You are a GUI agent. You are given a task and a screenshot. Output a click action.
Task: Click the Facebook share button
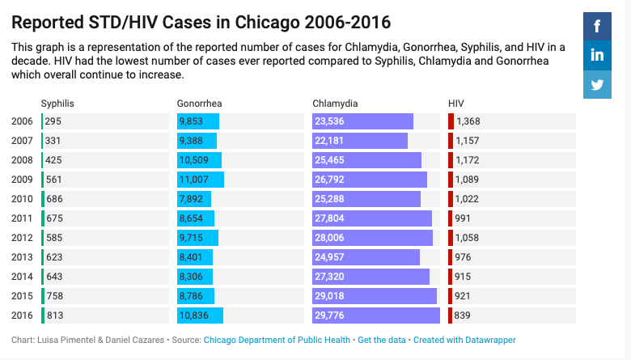point(597,27)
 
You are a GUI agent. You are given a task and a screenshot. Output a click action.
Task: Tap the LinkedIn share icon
point(597,56)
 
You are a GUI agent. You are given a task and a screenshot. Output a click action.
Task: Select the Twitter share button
point(597,84)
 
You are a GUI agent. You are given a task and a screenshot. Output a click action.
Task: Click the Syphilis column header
point(57,104)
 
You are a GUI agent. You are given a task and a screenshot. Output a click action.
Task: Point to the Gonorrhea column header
point(199,104)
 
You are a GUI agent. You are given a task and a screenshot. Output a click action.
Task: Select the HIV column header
point(456,104)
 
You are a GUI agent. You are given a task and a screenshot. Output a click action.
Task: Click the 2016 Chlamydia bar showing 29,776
point(375,316)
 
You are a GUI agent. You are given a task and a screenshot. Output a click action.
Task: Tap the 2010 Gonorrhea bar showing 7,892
point(194,199)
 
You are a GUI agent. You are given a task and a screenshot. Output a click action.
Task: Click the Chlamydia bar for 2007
point(360,141)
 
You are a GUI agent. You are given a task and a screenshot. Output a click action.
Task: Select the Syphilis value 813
point(54,316)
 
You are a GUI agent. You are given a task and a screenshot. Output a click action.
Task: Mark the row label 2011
point(23,218)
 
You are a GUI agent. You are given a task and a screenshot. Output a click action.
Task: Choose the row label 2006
point(23,121)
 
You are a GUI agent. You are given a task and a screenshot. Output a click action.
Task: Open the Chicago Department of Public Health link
point(277,340)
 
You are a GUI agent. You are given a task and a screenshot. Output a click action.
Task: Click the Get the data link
point(382,340)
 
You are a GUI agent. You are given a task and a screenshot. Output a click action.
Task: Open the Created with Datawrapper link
point(464,340)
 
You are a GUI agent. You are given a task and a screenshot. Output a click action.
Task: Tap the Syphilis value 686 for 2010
point(54,199)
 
